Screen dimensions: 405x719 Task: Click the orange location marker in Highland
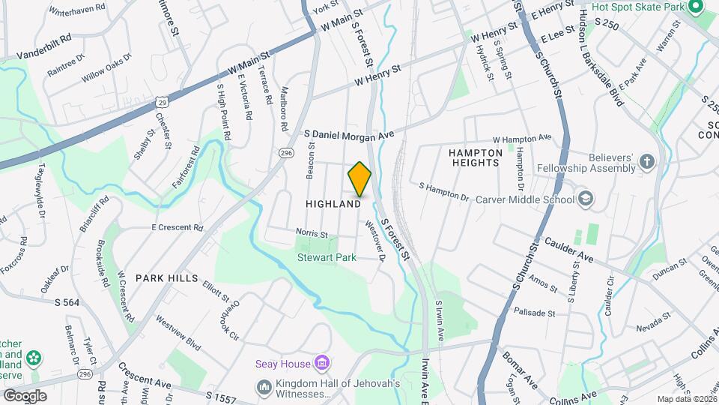coord(359,178)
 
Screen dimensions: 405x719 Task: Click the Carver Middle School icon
coord(586,199)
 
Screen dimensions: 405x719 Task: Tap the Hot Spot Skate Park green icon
coord(694,7)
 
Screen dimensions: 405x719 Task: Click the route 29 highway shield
coord(163,100)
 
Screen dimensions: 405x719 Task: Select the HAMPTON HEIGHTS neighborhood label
coord(474,157)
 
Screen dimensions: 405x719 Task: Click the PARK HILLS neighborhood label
coord(166,277)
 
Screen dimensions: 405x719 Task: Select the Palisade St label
coord(534,312)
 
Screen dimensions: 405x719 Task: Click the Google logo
coord(25,395)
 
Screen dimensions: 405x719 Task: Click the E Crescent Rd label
coord(178,227)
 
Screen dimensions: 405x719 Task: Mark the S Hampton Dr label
coord(443,192)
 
